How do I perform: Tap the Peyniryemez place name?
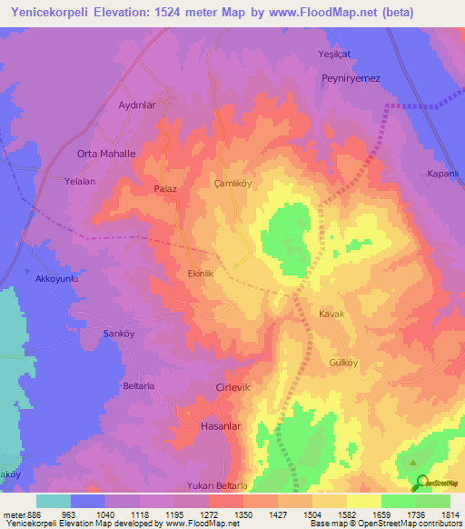coord(351,78)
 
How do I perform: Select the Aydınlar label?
coord(138,105)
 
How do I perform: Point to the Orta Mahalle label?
coord(106,154)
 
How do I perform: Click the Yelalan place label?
coord(80,181)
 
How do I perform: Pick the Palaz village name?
coord(165,189)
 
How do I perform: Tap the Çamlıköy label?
coord(231,182)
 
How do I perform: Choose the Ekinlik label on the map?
coord(200,273)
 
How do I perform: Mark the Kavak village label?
coord(331,314)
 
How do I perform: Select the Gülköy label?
coord(343,361)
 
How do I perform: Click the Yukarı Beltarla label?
coord(218,485)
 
